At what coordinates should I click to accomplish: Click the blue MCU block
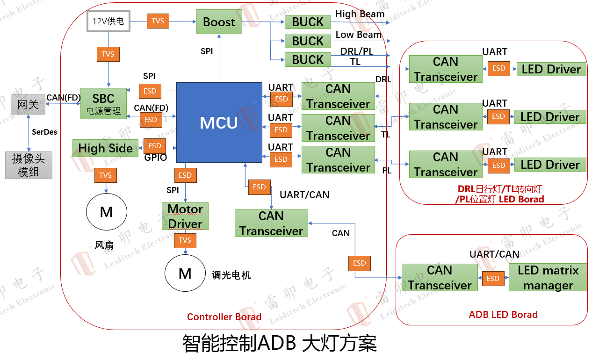point(219,122)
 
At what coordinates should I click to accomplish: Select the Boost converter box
point(219,22)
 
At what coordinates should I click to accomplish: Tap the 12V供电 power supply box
point(108,21)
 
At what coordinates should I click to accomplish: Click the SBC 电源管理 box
point(103,103)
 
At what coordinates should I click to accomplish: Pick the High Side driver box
point(105,148)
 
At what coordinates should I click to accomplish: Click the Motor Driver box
point(185,216)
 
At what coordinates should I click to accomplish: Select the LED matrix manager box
point(548,277)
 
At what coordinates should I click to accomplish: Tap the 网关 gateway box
point(28,104)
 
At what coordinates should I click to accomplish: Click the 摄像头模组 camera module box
point(29,165)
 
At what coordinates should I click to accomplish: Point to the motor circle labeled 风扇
point(107,212)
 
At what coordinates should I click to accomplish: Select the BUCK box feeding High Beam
point(308,22)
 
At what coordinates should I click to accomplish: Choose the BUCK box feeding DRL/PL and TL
point(308,60)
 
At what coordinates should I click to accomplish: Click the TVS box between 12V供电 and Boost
point(158,21)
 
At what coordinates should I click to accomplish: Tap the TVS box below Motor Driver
point(185,240)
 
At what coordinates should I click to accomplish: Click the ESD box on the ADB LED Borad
point(493,278)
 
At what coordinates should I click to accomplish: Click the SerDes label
point(44,132)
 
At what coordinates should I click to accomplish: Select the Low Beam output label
point(359,35)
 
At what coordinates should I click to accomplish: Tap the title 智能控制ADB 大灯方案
point(279,344)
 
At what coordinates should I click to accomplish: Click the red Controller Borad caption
point(224,317)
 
